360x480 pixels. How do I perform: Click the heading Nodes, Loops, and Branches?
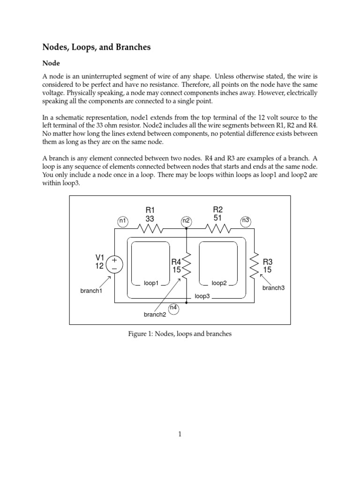(97, 47)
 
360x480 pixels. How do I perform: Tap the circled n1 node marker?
(122, 220)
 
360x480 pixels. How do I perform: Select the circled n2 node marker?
(186, 220)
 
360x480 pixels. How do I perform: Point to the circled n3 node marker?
(246, 220)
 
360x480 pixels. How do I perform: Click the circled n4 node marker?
(173, 308)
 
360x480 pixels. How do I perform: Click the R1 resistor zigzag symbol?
(150, 229)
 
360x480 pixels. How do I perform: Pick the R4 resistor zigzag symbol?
(187, 265)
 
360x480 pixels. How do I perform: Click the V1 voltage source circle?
(114, 264)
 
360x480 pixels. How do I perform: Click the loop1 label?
(151, 283)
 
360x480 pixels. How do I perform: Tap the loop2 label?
(219, 283)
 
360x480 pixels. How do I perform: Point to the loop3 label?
(202, 297)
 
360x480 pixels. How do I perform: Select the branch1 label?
(91, 291)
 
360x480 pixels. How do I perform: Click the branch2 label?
(155, 315)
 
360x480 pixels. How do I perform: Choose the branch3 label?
(273, 288)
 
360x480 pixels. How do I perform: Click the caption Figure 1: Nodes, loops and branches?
(180, 334)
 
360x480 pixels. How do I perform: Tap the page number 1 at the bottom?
(180, 435)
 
